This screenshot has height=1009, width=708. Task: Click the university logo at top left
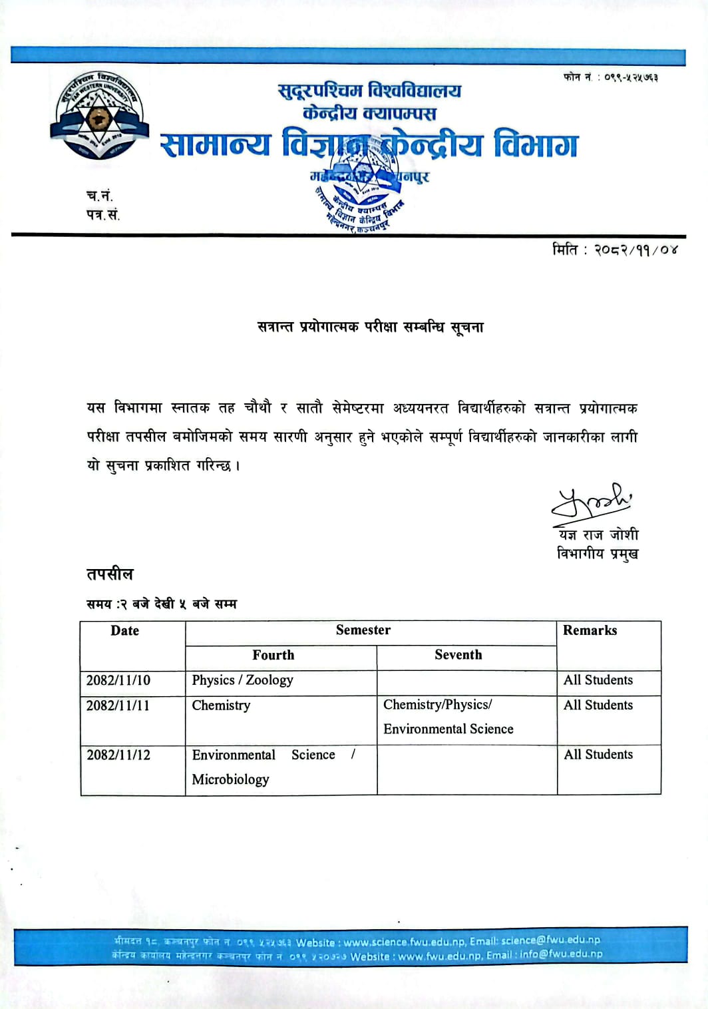click(x=99, y=116)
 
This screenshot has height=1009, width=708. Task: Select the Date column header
click(x=124, y=631)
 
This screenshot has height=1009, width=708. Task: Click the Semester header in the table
click(x=363, y=630)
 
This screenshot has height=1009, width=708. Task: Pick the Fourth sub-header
click(x=273, y=656)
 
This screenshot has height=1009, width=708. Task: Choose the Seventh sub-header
click(x=458, y=655)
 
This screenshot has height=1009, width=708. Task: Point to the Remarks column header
click(x=590, y=631)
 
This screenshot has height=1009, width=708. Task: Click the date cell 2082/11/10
click(x=118, y=680)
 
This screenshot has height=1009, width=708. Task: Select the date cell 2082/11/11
click(x=118, y=706)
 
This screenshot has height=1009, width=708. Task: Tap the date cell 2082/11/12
click(x=118, y=755)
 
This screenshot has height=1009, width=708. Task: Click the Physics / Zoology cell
click(x=242, y=680)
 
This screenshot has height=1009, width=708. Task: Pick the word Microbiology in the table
click(x=230, y=779)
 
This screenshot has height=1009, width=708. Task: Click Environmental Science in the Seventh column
click(x=448, y=729)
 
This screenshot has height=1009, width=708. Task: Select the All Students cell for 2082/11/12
click(x=598, y=755)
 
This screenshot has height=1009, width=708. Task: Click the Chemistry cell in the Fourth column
click(x=221, y=706)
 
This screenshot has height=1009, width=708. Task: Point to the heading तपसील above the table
click(x=110, y=574)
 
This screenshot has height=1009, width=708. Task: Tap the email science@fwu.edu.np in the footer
click(x=550, y=940)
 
